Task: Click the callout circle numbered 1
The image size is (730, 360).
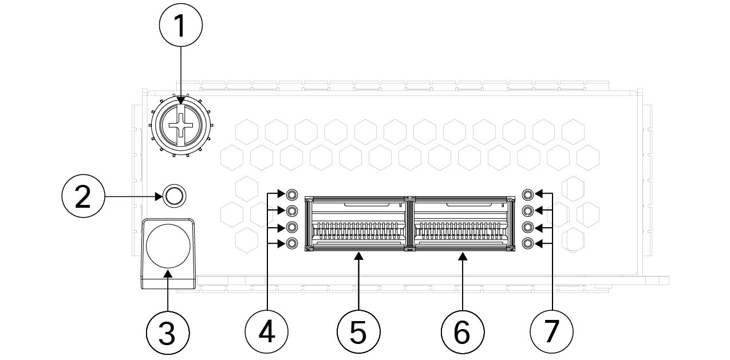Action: click(x=181, y=26)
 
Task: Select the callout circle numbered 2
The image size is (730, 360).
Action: click(x=83, y=197)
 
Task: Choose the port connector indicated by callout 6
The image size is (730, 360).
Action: click(x=462, y=224)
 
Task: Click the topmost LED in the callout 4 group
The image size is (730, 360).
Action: click(x=292, y=194)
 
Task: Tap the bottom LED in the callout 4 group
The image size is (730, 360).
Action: click(x=292, y=244)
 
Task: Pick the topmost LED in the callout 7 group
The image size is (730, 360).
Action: click(x=528, y=194)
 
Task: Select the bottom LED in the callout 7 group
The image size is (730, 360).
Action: click(x=528, y=244)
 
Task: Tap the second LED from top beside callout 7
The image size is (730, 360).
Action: click(x=528, y=211)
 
